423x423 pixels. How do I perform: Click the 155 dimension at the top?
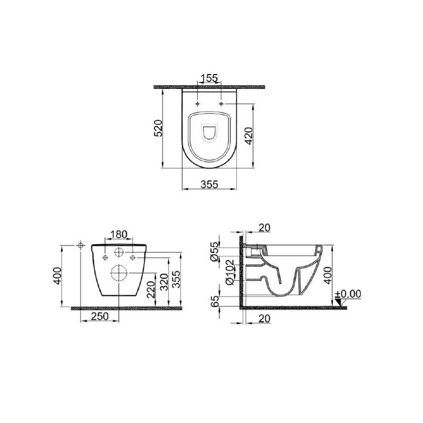(209, 78)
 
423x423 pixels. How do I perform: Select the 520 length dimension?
(158, 128)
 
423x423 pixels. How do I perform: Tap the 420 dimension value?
(249, 136)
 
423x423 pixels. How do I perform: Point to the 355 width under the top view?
(209, 185)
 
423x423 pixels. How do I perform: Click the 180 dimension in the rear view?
(118, 234)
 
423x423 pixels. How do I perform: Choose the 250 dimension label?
(100, 316)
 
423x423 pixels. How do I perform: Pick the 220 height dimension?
(151, 289)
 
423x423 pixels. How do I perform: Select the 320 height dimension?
(164, 282)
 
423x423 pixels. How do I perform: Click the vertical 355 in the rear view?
(176, 280)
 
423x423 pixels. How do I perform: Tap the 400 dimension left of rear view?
(57, 275)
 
